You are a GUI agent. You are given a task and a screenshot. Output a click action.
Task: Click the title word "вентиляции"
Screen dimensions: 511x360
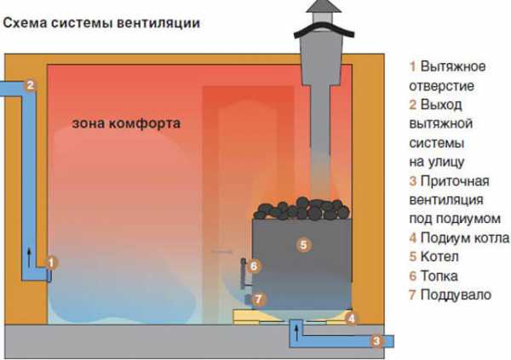158,24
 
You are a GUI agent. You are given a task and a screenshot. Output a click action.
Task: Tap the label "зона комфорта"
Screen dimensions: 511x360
126,123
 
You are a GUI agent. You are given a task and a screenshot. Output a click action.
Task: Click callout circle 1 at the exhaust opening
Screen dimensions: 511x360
51,263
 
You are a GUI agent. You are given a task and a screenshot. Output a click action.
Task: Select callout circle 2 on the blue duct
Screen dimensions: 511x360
31,85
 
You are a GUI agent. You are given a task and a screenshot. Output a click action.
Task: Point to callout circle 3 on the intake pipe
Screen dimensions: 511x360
376,341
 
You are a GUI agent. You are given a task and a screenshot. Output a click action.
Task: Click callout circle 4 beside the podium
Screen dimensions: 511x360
351,318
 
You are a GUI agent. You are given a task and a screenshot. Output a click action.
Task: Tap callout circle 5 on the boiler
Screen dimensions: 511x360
303,244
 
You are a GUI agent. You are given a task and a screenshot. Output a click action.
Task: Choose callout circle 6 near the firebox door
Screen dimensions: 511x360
254,266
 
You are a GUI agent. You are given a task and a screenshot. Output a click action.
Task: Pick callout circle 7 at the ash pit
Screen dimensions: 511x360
258,299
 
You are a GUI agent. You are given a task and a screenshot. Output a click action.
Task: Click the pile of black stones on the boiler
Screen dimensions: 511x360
301,209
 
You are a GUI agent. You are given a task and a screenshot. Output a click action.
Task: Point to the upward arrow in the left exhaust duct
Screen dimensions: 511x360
30,257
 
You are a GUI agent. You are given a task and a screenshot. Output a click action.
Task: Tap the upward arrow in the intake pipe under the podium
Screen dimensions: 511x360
296,334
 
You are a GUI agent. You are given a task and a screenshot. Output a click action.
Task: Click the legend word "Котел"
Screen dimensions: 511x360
439,257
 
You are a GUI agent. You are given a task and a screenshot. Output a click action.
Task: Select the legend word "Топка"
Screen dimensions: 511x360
439,277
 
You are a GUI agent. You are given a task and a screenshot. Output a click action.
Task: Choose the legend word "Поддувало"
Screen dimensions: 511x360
456,295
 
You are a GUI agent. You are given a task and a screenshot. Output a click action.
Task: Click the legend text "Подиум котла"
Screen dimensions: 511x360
465,237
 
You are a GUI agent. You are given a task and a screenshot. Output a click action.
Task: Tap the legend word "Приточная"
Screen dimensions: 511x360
455,181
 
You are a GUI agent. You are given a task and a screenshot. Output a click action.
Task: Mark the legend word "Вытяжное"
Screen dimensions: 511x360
453,66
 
